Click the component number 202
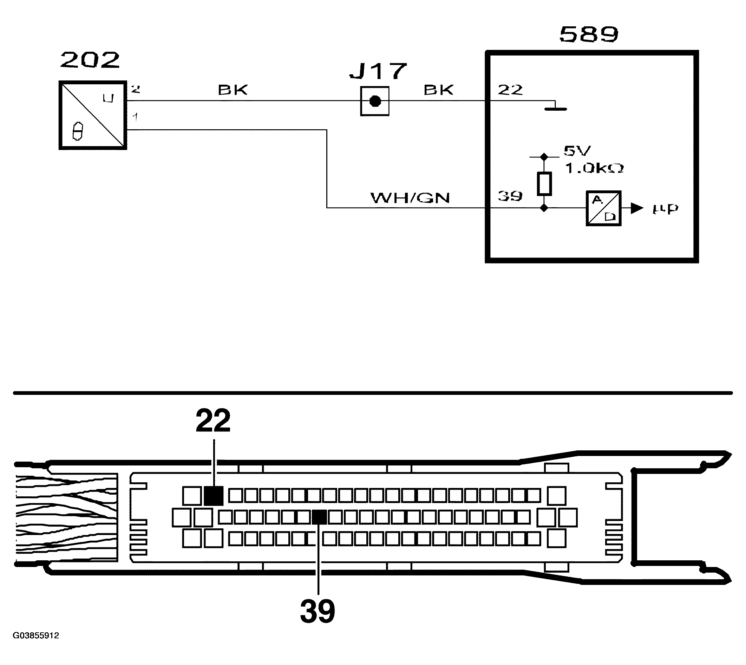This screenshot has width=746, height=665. pyautogui.click(x=90, y=60)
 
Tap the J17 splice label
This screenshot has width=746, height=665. pyautogui.click(x=378, y=71)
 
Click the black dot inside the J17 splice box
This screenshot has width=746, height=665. pyautogui.click(x=374, y=101)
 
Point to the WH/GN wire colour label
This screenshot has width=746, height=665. pyautogui.click(x=410, y=198)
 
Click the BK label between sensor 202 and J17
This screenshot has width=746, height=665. pyautogui.click(x=233, y=90)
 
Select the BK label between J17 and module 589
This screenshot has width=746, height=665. pyautogui.click(x=438, y=90)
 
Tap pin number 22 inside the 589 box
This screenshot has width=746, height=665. pyautogui.click(x=510, y=90)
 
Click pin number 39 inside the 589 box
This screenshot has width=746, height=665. pyautogui.click(x=510, y=197)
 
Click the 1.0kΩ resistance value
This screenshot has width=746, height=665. pyautogui.click(x=594, y=168)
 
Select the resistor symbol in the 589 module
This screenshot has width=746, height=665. pyautogui.click(x=544, y=184)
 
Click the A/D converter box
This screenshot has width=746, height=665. pyautogui.click(x=603, y=208)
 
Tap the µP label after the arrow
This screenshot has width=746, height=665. pyautogui.click(x=665, y=209)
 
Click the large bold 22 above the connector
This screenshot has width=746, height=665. pyautogui.click(x=213, y=420)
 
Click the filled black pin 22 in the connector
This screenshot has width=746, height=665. pyautogui.click(x=213, y=496)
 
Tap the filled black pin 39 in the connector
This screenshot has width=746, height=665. pyautogui.click(x=320, y=517)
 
